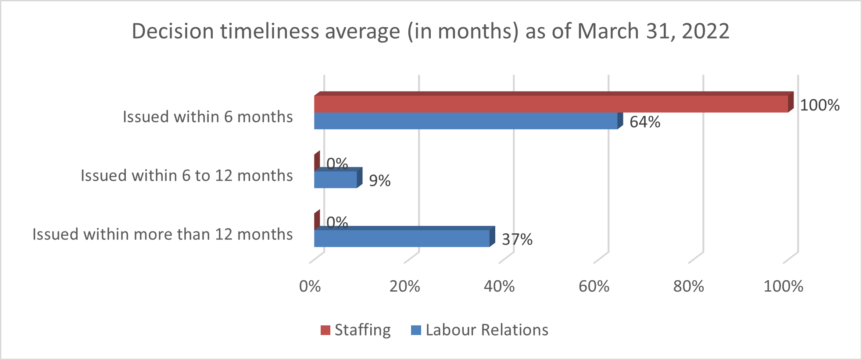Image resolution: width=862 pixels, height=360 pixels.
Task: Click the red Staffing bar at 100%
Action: coord(551,104)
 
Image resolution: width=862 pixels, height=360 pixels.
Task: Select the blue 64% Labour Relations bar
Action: coord(466,121)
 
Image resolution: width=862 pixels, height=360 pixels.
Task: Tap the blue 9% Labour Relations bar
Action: coord(336,179)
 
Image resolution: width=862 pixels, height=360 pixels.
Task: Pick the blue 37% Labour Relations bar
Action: coord(402,238)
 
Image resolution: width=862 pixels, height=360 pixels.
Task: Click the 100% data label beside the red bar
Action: coord(819,105)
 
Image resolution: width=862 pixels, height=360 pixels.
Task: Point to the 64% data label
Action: coord(645,122)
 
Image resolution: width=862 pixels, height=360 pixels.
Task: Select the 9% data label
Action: coord(379,181)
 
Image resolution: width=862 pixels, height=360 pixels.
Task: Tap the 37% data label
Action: coord(517,239)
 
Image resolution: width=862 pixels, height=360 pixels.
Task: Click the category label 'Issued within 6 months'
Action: coord(207,117)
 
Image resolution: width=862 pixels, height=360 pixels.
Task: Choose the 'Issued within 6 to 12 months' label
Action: coord(186,176)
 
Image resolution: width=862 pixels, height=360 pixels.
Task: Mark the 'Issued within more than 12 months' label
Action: coord(162,235)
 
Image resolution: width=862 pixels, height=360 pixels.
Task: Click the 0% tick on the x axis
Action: coord(310,286)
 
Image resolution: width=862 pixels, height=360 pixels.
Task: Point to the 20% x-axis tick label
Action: coord(404,286)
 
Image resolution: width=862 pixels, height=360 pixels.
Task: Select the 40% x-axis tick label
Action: coord(499,286)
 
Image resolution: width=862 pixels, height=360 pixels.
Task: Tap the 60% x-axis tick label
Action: coord(594,286)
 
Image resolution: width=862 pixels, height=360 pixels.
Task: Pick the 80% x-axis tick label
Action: coord(689,286)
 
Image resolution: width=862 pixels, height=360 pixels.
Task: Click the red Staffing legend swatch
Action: coord(325,330)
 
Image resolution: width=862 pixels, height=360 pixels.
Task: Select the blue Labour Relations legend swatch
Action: coord(416,330)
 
